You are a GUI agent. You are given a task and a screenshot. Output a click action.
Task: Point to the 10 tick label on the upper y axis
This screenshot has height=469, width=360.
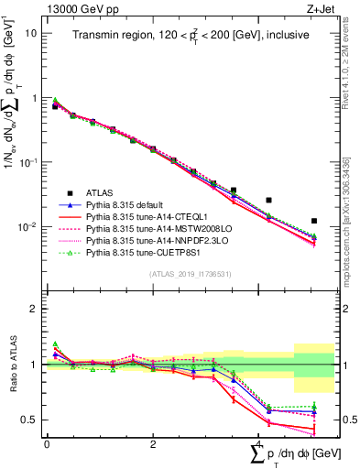[x=31, y=33]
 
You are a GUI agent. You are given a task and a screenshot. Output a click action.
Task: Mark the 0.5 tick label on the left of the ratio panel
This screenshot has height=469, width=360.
[x=31, y=420]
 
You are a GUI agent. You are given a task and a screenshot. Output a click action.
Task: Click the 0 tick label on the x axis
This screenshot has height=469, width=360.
[x=47, y=443]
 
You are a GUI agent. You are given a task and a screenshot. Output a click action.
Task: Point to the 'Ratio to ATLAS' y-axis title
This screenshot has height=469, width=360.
[x=11, y=366]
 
